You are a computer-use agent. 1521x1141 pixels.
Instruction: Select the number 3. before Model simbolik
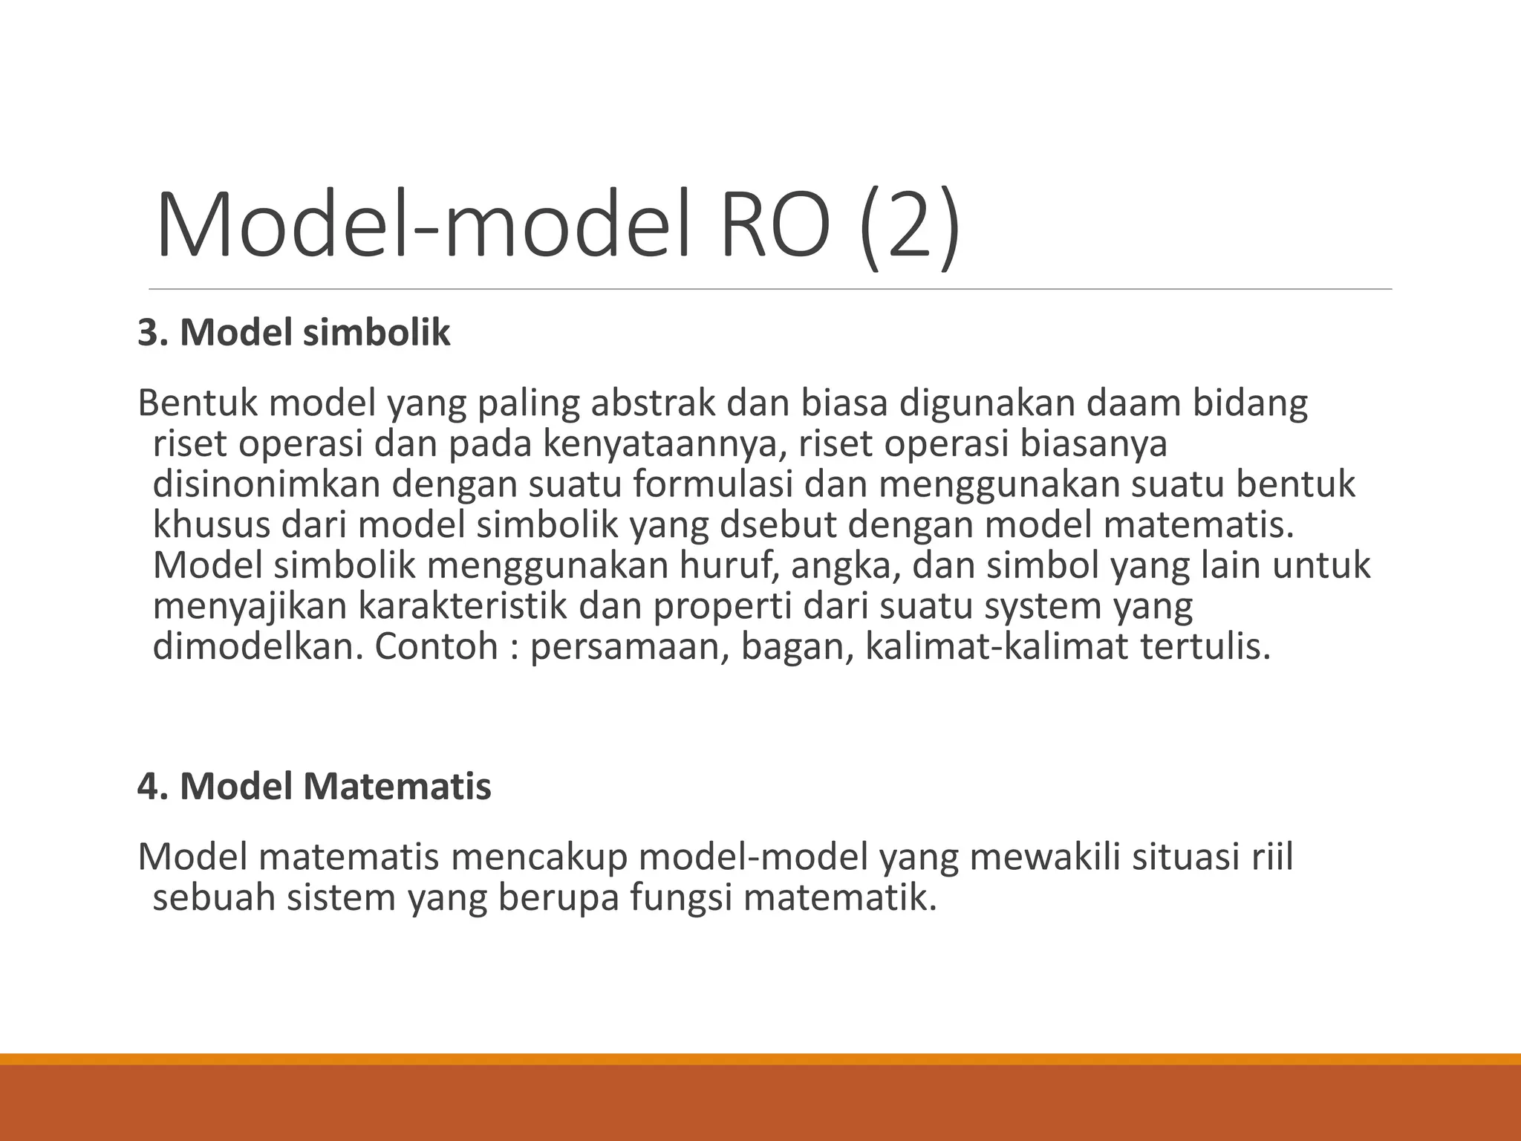point(153,333)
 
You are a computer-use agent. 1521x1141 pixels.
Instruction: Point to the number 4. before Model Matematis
point(153,786)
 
